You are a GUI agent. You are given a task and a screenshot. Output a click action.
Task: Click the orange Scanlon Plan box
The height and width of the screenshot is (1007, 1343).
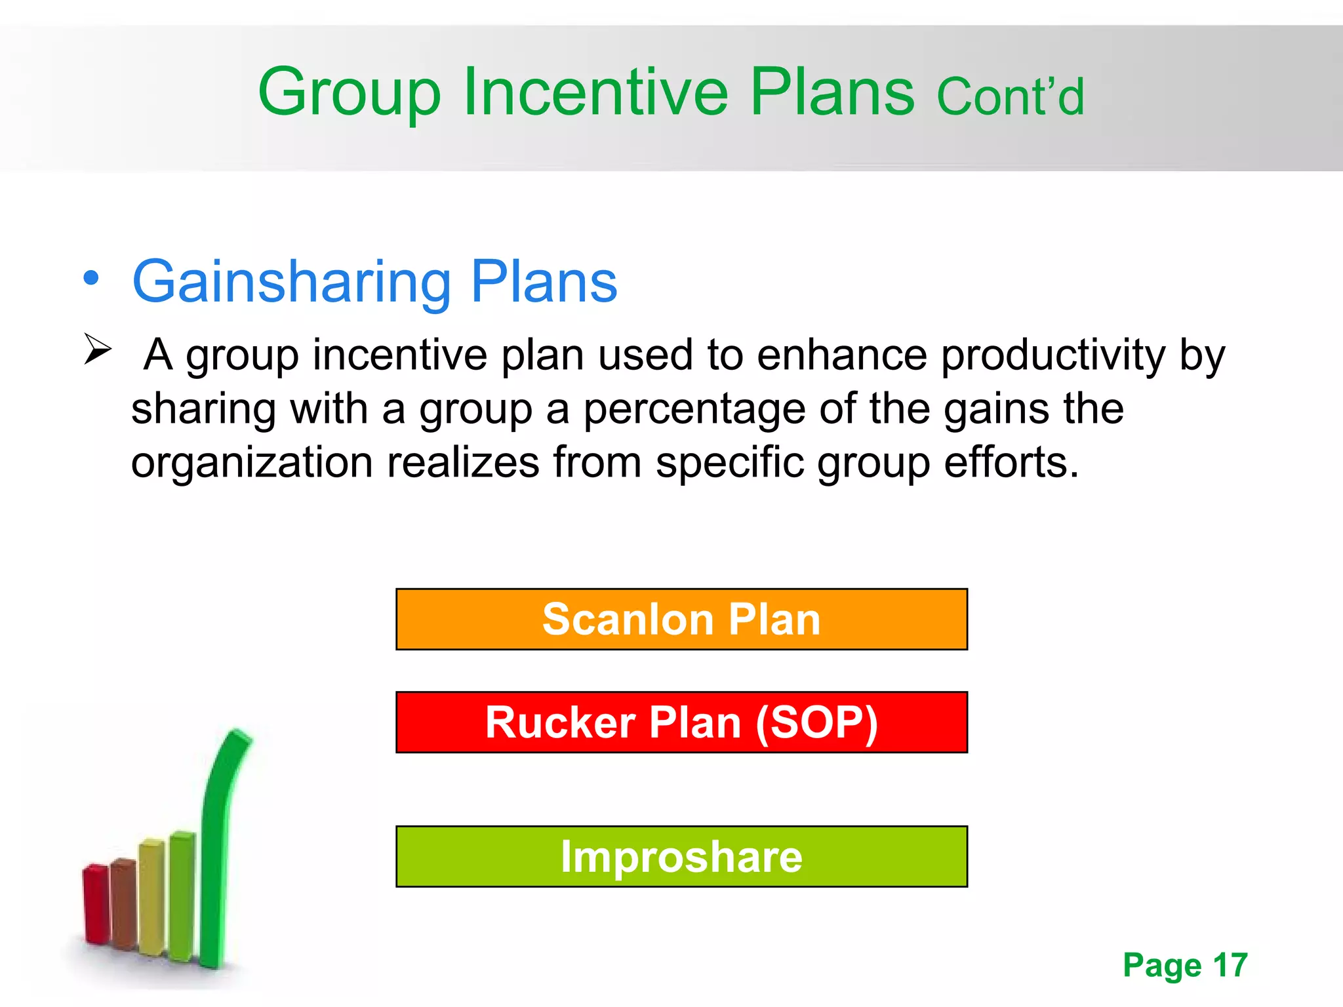coord(681,619)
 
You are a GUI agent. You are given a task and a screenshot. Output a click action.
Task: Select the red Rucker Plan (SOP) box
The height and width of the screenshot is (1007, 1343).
coord(681,722)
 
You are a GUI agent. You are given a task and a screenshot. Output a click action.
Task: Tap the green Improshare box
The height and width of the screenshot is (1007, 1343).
coord(681,856)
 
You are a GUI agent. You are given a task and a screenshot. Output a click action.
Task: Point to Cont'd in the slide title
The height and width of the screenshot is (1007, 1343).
coord(1010,97)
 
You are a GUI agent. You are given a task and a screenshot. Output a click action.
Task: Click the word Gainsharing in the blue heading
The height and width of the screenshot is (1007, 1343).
coord(291,282)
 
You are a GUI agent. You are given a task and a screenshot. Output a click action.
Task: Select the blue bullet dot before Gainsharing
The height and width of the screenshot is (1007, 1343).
coord(91,278)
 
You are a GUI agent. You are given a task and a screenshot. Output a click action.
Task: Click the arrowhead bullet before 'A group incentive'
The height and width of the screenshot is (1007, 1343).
coord(98,349)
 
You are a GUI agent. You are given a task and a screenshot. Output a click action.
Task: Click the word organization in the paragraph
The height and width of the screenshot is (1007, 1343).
coord(252,462)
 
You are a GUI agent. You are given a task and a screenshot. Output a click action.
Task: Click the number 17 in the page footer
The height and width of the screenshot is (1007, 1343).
coord(1230,965)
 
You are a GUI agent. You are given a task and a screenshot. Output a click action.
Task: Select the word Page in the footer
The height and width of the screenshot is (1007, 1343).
coord(1162,966)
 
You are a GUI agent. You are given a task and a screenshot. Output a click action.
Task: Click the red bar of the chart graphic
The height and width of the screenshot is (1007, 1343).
coord(96,905)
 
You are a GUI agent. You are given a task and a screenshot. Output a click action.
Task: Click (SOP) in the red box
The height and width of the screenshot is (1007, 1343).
coord(816,722)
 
